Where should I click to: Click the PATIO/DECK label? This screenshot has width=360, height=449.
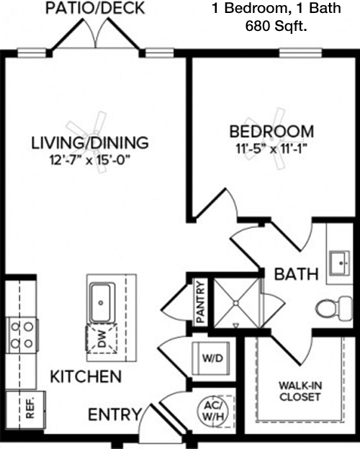pos(95,8)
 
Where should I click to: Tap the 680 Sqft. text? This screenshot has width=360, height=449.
pos(276,26)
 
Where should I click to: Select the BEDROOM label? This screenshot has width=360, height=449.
pos(271,132)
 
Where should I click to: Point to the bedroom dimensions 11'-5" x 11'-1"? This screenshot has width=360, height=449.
pos(271,149)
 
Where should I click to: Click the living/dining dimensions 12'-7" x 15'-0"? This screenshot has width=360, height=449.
pos(90,160)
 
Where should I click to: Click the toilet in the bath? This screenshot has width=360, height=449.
pos(334,309)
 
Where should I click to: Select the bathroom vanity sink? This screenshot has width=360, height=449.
pos(339,263)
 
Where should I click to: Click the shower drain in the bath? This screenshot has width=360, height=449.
pos(235,303)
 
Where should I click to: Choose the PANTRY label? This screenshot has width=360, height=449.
pos(200,302)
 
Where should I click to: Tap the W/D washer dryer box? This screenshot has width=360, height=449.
pos(212,358)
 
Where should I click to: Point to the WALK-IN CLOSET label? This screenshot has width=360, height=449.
pos(300,391)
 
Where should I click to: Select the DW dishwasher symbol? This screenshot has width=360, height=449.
pos(102,339)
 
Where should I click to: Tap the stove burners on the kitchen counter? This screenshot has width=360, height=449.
pos(22,335)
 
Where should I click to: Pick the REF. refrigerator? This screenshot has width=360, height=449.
pos(25,410)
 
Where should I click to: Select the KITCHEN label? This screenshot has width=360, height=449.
pos(86,376)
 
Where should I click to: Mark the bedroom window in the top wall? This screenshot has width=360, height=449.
pos(300,53)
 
